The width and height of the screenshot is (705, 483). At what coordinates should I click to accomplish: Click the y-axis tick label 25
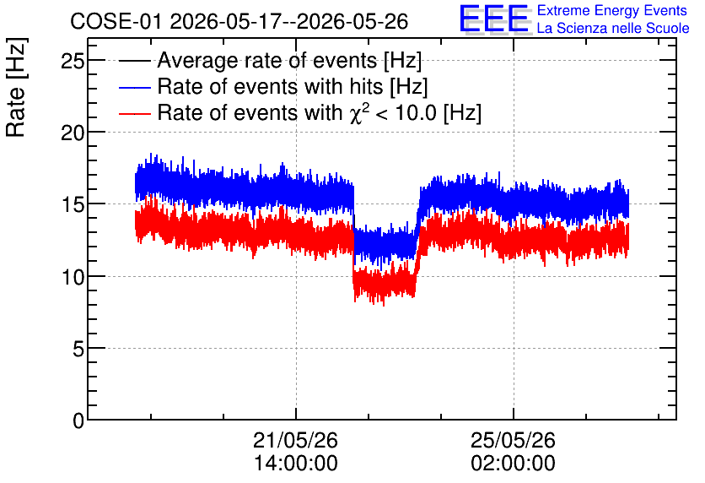(73, 61)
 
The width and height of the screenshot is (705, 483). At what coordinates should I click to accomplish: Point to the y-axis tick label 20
(73, 133)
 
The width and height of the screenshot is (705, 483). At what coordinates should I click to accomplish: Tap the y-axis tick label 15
(73, 205)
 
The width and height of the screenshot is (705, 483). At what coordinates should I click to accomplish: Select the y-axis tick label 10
(73, 277)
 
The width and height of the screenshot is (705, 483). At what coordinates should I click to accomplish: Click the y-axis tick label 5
(78, 350)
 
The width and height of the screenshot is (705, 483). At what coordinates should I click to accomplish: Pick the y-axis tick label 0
(78, 421)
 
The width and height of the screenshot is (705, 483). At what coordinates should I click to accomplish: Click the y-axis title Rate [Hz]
(16, 87)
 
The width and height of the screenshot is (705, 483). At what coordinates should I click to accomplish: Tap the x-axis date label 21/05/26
(295, 440)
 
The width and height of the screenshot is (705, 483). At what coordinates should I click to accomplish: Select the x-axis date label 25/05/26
(513, 440)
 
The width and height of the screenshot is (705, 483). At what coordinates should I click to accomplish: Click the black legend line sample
(134, 61)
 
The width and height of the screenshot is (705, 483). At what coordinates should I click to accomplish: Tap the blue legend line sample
(134, 87)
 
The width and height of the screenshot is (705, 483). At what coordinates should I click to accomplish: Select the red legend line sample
(134, 113)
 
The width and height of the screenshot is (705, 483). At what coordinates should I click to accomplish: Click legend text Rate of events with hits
(270, 86)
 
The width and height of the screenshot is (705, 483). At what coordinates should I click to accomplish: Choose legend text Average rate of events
(267, 60)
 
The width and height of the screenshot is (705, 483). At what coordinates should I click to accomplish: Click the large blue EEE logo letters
(494, 19)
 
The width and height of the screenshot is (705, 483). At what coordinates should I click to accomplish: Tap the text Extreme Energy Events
(612, 10)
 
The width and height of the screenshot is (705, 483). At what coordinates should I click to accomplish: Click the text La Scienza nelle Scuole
(613, 29)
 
